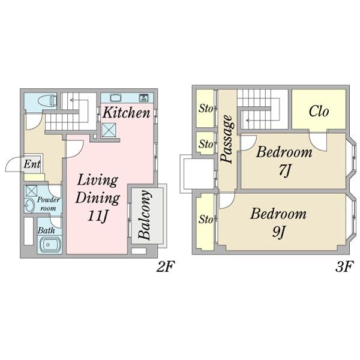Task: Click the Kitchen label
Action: (x=126, y=113)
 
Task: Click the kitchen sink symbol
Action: (x=115, y=98)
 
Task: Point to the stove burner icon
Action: (x=144, y=98)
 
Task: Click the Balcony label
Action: (x=145, y=215)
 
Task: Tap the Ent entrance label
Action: (x=32, y=164)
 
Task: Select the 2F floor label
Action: (x=166, y=267)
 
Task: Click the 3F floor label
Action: (x=344, y=267)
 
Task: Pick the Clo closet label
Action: (x=319, y=112)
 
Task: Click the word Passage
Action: (x=227, y=139)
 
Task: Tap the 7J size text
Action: (x=285, y=170)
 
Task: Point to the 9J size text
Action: (x=278, y=232)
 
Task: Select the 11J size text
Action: (x=98, y=215)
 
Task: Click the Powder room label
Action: (x=48, y=204)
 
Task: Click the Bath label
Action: (x=46, y=230)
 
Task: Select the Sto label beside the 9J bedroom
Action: (x=206, y=219)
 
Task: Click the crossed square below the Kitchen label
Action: (x=109, y=130)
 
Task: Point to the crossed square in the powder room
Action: (x=31, y=191)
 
